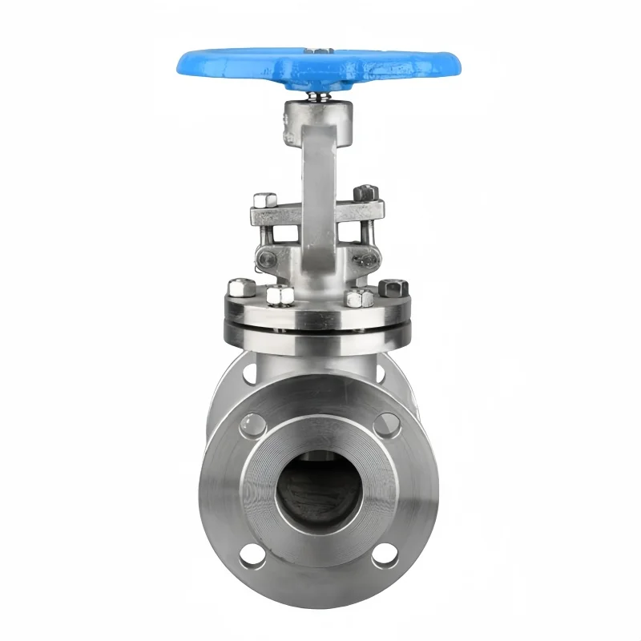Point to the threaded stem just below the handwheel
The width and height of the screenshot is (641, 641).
318,96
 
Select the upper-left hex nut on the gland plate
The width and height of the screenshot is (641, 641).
264,200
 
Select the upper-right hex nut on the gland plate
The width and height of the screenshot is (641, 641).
365,192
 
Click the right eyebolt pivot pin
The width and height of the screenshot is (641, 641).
365,258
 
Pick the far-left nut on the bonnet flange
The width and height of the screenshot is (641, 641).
240,288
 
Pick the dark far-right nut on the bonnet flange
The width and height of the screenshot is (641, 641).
393,288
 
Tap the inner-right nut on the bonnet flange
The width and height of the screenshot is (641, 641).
357,297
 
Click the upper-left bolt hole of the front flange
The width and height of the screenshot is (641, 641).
251,424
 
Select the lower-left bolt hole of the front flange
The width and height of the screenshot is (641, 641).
252,554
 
